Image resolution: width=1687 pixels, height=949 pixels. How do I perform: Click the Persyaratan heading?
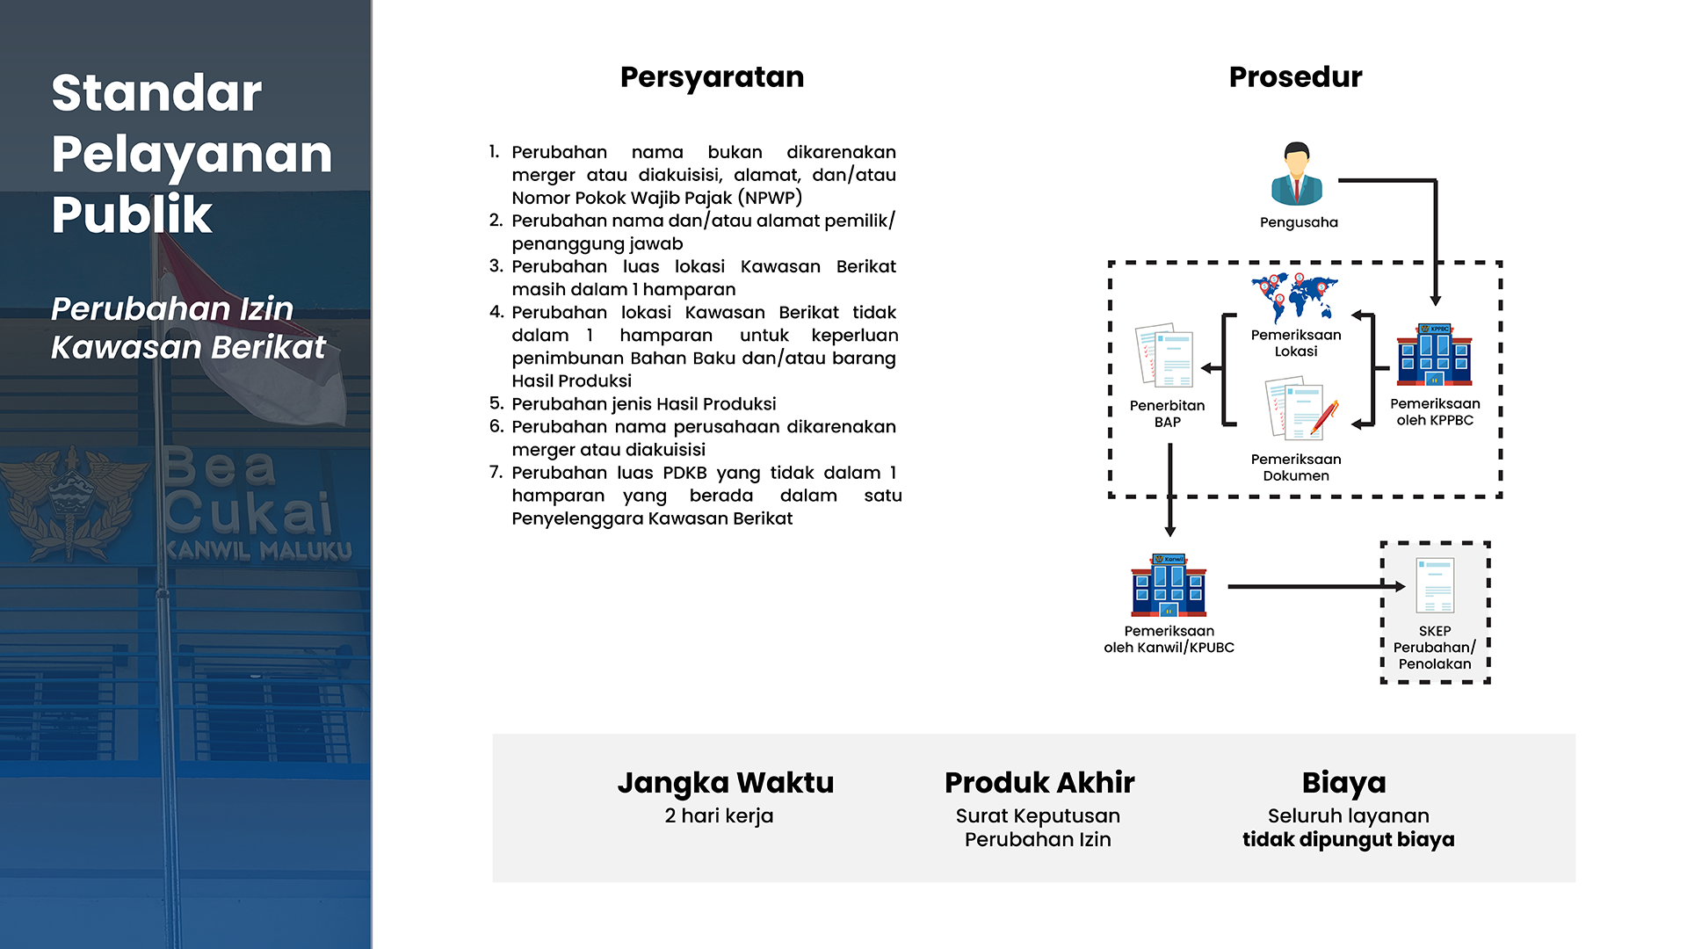(x=712, y=77)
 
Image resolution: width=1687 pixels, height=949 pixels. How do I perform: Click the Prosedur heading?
(x=1295, y=77)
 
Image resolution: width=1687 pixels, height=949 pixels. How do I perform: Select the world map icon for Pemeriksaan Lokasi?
(x=1295, y=297)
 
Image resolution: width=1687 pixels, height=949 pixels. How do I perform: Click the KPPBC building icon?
(x=1434, y=355)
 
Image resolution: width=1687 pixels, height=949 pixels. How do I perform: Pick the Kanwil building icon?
(x=1169, y=585)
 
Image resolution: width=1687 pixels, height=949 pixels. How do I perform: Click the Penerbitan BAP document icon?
(x=1165, y=356)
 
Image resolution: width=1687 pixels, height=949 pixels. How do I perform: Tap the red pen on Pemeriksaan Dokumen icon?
(x=1324, y=417)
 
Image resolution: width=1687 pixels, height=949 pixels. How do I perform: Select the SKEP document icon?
(x=1435, y=585)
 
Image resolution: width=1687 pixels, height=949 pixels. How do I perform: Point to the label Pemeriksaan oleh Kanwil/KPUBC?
(x=1169, y=639)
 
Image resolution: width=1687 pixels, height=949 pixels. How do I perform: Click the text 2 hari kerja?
(x=719, y=815)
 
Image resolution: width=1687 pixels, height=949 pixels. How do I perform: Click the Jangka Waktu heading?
(x=725, y=782)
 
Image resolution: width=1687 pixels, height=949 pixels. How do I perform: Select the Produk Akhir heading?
(x=1039, y=782)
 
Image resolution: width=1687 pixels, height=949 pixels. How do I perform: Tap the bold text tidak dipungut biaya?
(x=1348, y=840)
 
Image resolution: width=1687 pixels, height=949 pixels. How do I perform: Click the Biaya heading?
(x=1343, y=782)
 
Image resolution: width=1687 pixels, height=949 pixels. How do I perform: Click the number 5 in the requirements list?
(x=496, y=403)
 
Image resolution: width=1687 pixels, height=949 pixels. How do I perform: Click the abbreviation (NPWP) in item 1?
(x=770, y=198)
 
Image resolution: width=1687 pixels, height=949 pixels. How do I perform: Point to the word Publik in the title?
(x=132, y=215)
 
